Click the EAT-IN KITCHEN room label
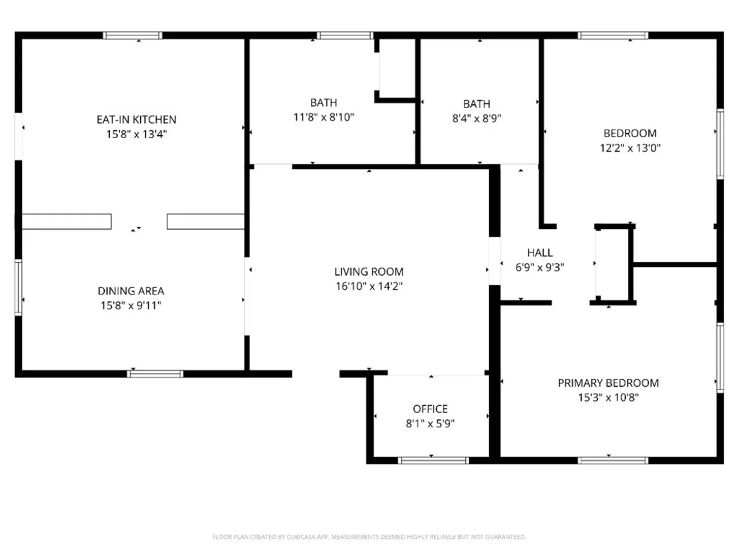pos(137,119)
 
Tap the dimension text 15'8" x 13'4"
pos(137,134)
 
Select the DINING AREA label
pos(131,291)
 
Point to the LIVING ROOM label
pos(369,271)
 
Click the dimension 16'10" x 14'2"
pos(369,286)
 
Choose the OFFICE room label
pos(430,409)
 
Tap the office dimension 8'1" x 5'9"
pos(430,423)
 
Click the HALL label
pos(540,253)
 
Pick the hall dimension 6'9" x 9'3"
pos(540,267)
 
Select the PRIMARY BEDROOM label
pos(608,383)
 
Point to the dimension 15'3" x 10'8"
pos(608,398)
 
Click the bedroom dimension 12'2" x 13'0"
pos(630,147)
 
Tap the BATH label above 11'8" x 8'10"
pos(324,102)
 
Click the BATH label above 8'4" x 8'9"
pos(476,104)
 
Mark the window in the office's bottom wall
pos(433,461)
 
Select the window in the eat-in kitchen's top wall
pos(133,35)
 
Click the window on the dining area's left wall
pos(18,287)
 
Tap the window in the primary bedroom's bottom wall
pos(613,461)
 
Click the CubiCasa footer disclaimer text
pos(369,537)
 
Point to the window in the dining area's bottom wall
pos(155,374)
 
